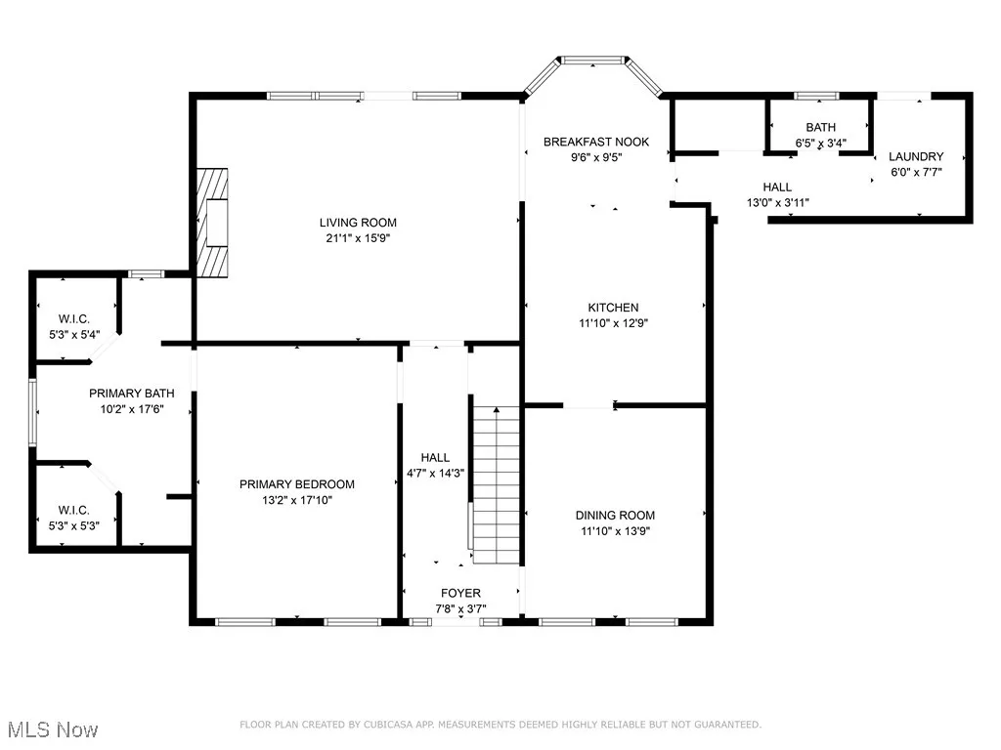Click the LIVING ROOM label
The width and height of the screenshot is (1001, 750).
(358, 223)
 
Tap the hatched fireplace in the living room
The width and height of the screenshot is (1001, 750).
(212, 223)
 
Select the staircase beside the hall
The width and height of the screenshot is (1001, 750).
(496, 484)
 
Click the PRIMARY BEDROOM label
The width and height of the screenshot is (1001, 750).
(297, 484)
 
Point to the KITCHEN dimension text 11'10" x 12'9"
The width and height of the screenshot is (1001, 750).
(614, 323)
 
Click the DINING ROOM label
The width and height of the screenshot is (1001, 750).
(615, 516)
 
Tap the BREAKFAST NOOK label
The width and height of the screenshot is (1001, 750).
(596, 142)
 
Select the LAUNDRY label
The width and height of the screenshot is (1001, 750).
(916, 156)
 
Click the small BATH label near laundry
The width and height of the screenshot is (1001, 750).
(820, 128)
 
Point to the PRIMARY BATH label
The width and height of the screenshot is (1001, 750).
(132, 394)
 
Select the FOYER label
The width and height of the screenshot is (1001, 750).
(461, 593)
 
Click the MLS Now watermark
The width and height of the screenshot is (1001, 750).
(53, 729)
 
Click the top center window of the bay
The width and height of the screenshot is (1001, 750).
(593, 60)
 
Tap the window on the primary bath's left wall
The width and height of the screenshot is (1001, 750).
(32, 413)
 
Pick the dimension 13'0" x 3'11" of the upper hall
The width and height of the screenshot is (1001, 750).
(777, 203)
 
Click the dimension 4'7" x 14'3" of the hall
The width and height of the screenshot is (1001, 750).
(435, 474)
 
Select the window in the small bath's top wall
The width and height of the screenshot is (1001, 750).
(816, 97)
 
